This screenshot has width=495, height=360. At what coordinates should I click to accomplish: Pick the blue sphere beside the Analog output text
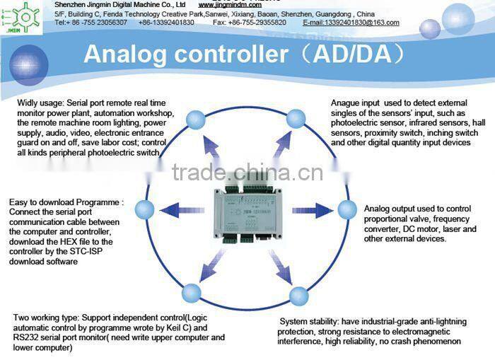point(346,209)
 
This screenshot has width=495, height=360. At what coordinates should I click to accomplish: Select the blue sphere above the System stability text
point(298,296)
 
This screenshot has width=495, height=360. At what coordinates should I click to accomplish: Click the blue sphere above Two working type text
point(191,293)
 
